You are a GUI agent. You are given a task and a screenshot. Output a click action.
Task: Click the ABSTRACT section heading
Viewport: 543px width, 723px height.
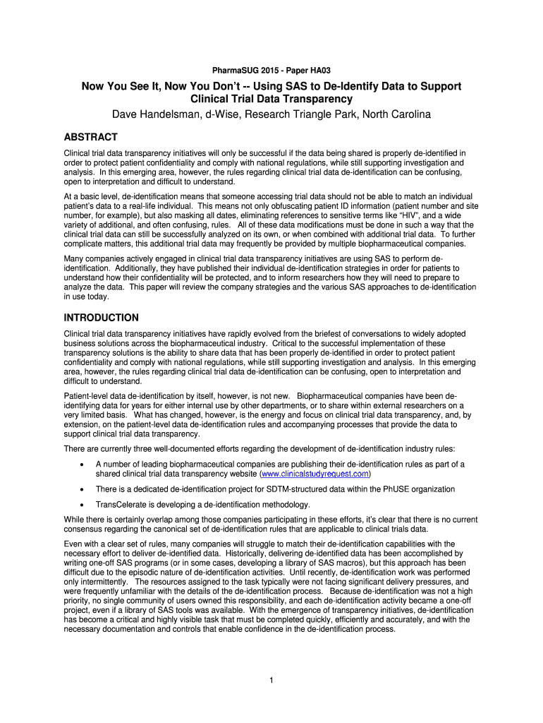(90, 137)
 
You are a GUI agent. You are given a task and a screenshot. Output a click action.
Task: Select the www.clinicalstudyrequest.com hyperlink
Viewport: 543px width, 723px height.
(315, 474)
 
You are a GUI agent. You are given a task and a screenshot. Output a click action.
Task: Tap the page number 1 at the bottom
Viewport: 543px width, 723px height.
(271, 680)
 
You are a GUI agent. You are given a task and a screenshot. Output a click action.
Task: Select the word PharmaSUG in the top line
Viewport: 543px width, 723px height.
(236, 71)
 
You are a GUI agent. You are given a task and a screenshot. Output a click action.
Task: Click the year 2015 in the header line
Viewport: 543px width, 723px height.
(271, 71)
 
